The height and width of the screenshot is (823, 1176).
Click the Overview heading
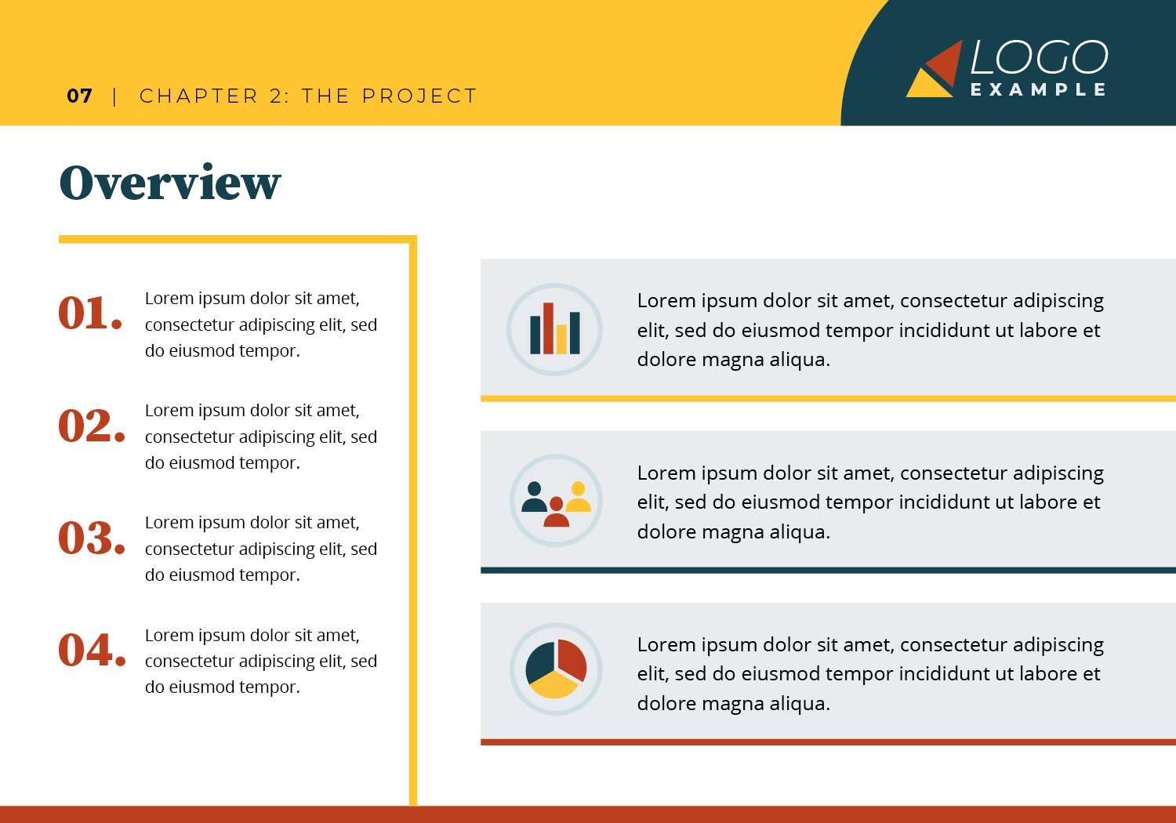[170, 182]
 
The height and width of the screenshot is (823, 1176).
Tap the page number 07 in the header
[80, 96]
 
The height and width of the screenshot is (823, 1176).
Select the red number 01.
[90, 313]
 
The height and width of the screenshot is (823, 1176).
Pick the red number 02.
[92, 425]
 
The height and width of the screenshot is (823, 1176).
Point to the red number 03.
[92, 538]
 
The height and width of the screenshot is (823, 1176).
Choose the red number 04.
[93, 650]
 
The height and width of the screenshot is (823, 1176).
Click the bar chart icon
[554, 329]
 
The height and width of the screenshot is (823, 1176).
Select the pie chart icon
[556, 669]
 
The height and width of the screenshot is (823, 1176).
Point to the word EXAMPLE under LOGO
[1039, 90]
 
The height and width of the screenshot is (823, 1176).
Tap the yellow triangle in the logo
[929, 83]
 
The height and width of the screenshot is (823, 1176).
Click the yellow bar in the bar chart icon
[562, 339]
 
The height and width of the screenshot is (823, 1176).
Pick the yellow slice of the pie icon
[554, 685]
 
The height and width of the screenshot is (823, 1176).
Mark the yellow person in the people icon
[578, 496]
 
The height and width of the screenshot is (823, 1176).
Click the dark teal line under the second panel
[829, 570]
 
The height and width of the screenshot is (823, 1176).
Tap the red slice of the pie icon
[572, 659]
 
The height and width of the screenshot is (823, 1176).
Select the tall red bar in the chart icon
[548, 328]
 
